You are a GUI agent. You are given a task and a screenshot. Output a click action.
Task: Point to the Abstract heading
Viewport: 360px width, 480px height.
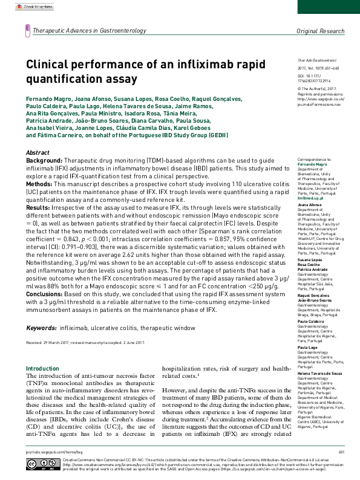(x=40, y=152)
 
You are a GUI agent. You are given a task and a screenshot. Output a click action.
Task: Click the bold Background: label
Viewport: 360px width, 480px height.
(x=46, y=161)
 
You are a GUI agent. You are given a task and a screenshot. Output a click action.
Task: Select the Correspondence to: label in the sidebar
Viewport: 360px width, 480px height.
(x=313, y=159)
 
